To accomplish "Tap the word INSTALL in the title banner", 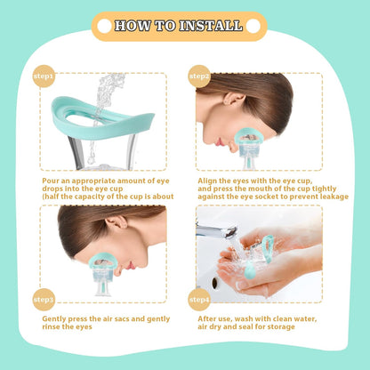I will (x=210, y=26).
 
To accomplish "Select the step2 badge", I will (x=200, y=77).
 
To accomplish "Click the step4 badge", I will (x=200, y=299).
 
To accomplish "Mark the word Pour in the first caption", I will (x=51, y=180).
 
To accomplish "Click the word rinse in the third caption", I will (x=52, y=327).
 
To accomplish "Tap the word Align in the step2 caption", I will (x=207, y=180).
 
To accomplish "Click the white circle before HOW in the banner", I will (x=104, y=26).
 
